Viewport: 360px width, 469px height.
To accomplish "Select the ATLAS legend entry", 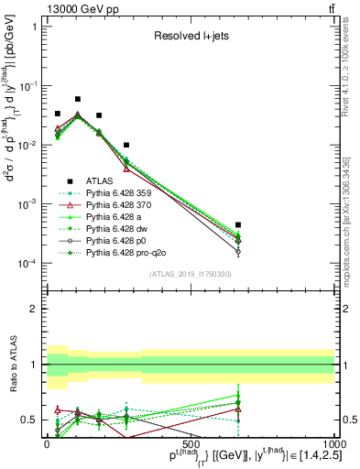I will (x=101, y=180).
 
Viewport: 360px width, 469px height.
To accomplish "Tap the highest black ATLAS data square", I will (x=78, y=99).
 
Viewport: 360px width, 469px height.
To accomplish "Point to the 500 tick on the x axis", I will (x=190, y=443).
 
